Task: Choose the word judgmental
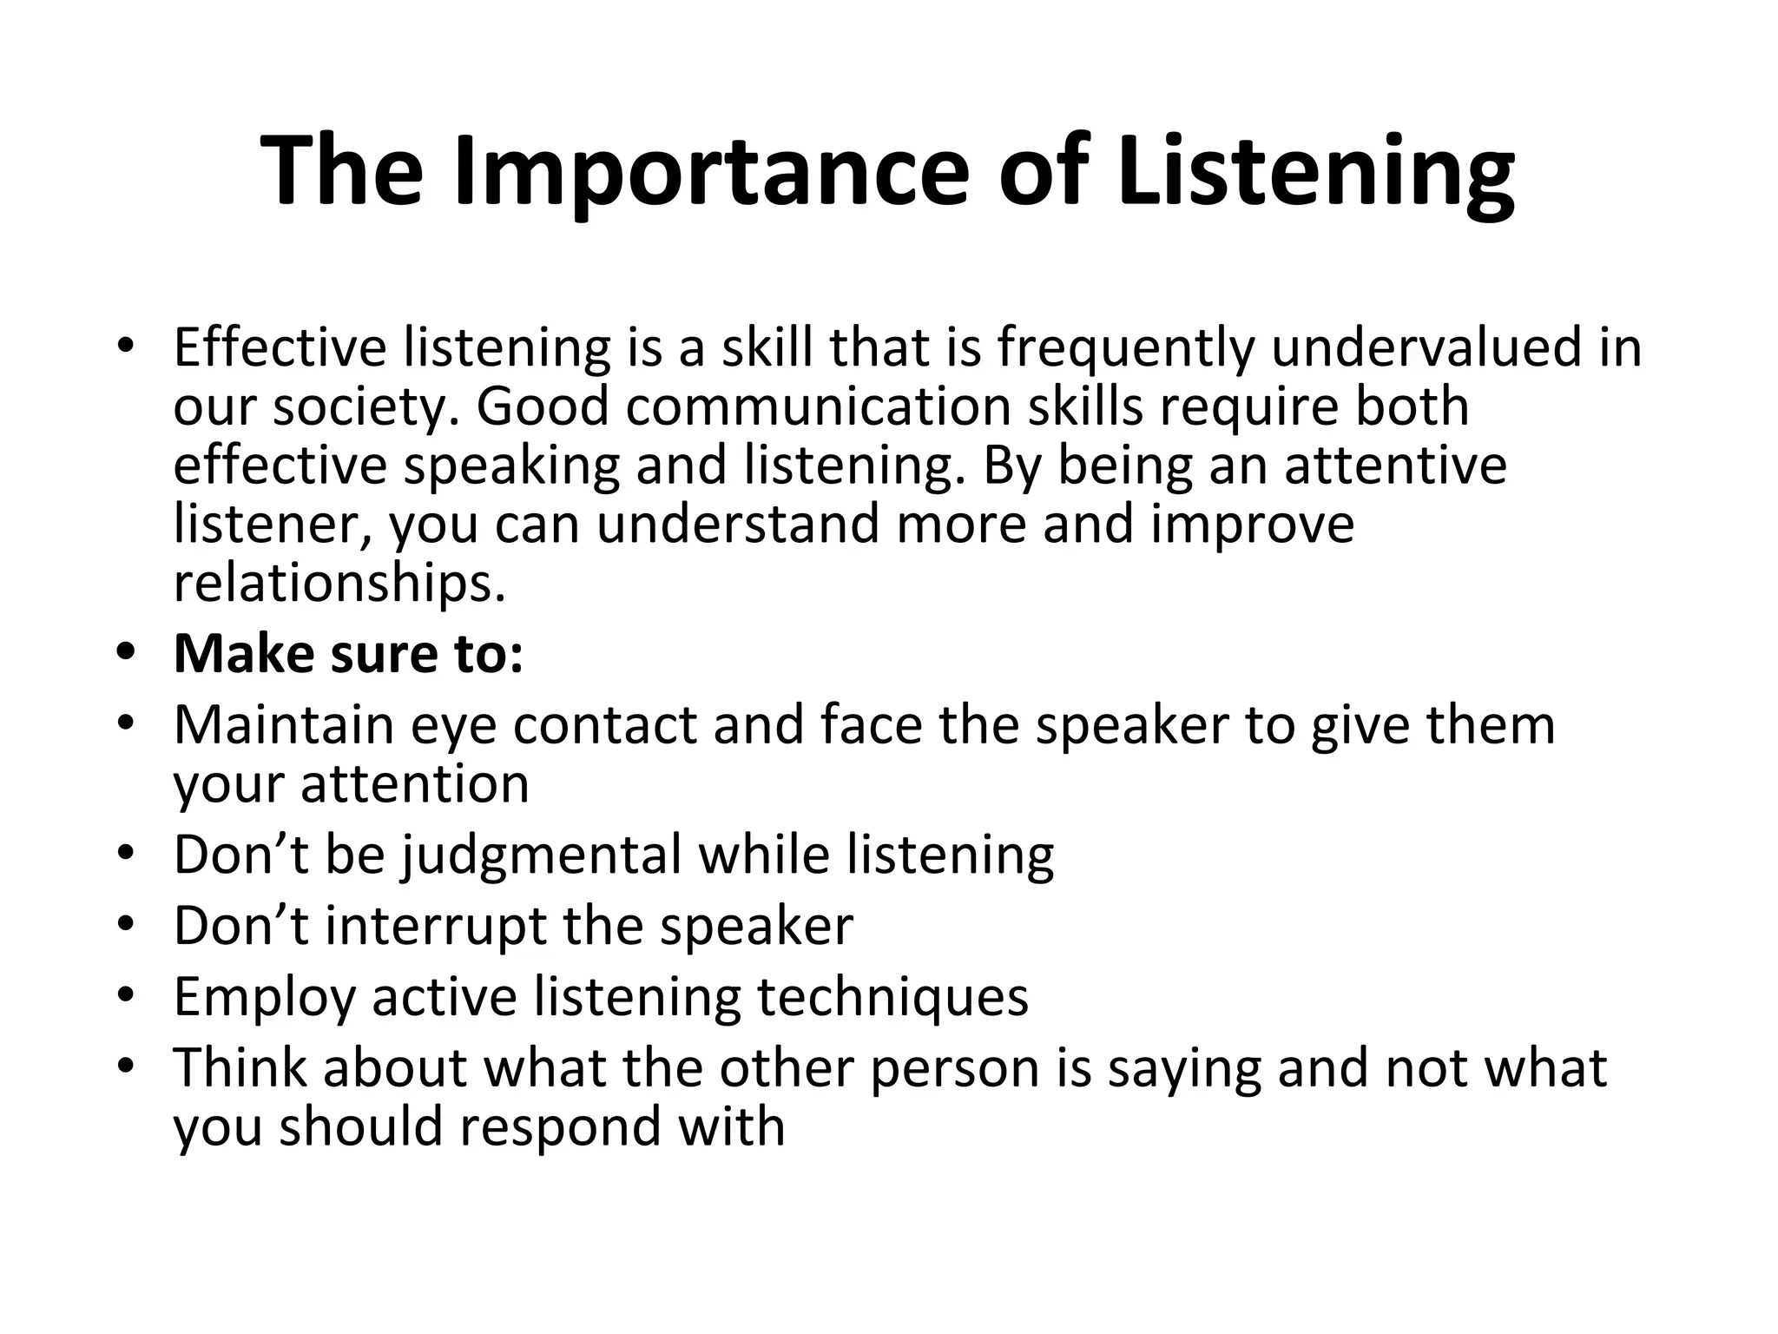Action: tap(542, 855)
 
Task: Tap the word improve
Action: tap(1252, 525)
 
